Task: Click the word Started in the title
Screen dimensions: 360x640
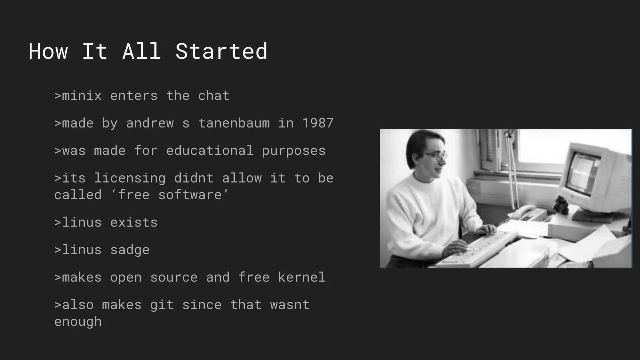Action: [221, 52]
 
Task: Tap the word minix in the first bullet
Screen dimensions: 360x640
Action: [82, 96]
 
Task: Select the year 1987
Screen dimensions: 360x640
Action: [318, 123]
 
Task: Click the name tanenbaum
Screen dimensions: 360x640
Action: [234, 123]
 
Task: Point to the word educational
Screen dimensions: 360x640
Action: [210, 151]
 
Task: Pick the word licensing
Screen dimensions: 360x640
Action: [130, 178]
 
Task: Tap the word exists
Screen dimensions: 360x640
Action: [134, 223]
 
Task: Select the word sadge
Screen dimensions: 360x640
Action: [130, 250]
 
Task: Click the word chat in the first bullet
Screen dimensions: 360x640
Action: [214, 96]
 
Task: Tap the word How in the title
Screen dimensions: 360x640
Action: [48, 52]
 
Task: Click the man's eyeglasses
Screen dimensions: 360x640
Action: [437, 155]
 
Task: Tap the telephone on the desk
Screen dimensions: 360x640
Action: [525, 212]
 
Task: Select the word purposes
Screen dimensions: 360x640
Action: [294, 151]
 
